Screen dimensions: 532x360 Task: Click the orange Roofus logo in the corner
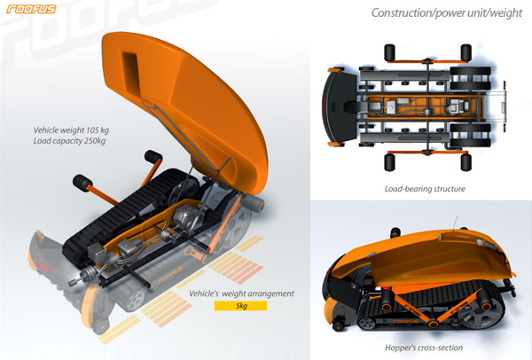[31, 9]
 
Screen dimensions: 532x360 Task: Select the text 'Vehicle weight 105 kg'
[71, 130]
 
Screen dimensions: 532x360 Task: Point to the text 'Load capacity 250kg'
[69, 141]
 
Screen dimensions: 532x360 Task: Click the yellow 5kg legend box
[240, 306]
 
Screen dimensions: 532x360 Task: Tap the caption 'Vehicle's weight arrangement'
[241, 293]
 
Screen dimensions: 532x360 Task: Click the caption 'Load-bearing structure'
[425, 189]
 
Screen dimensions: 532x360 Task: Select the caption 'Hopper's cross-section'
[424, 348]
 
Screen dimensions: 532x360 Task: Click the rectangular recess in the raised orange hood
[131, 73]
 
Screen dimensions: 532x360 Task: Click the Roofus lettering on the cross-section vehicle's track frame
[406, 321]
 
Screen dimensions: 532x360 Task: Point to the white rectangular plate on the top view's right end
[503, 107]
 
